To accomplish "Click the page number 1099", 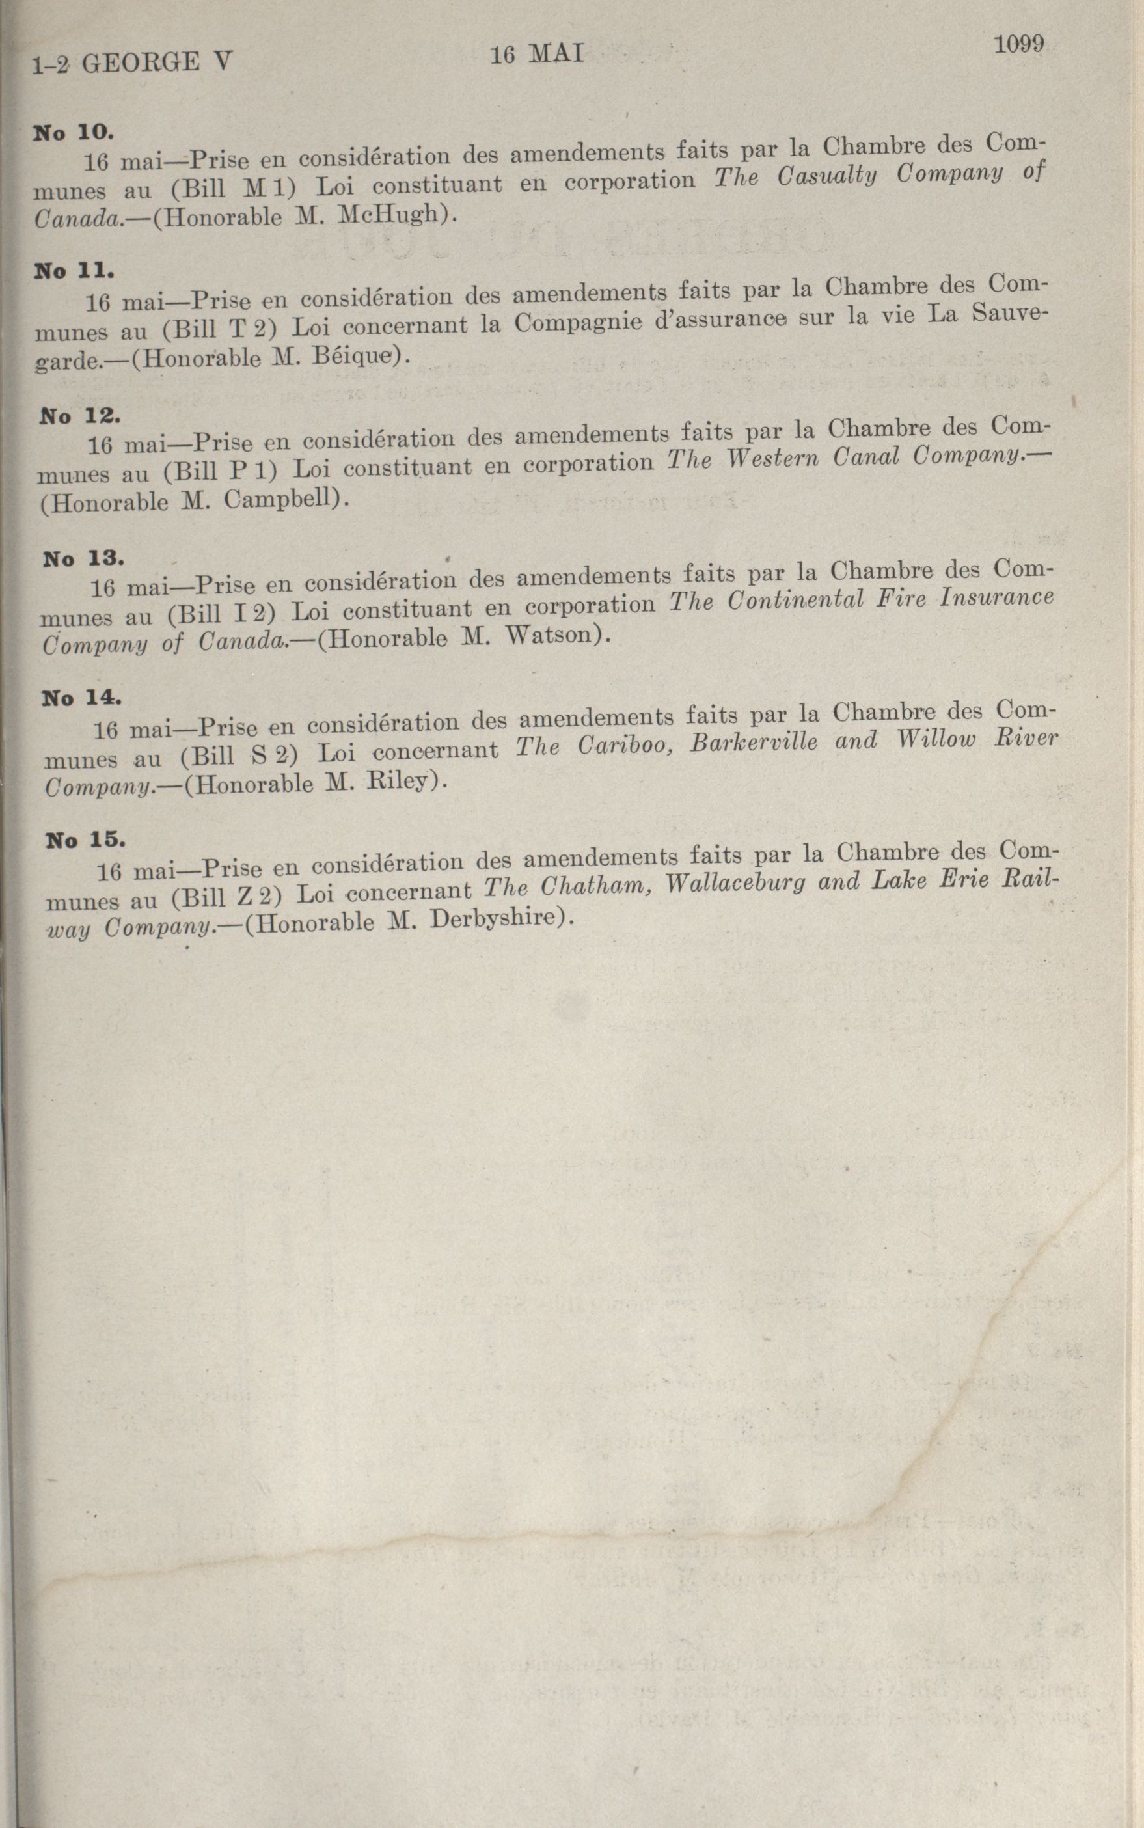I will [x=1018, y=45].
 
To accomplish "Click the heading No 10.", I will [x=74, y=131].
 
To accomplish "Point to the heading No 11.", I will [x=74, y=270].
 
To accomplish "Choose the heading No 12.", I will [x=79, y=415].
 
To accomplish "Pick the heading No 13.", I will [x=83, y=558].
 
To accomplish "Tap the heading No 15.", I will [x=85, y=839].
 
